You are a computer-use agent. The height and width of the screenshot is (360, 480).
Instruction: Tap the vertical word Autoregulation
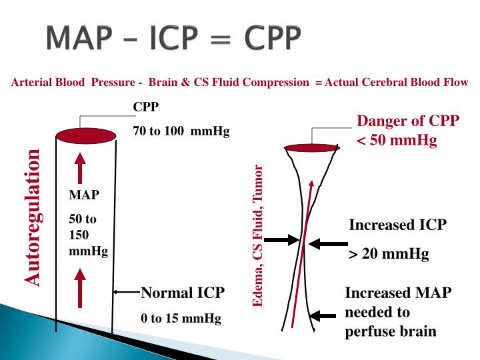(x=34, y=218)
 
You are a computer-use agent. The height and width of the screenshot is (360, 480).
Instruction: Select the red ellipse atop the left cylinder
(x=81, y=137)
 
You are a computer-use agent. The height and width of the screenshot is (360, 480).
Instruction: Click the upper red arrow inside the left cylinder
(x=81, y=168)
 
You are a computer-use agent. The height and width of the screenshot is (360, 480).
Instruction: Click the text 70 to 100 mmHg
(x=181, y=131)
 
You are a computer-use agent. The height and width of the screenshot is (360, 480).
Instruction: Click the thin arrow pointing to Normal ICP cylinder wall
(x=127, y=292)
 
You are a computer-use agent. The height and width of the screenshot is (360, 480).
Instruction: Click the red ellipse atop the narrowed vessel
(x=310, y=147)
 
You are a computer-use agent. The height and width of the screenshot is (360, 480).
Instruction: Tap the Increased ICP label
(x=397, y=225)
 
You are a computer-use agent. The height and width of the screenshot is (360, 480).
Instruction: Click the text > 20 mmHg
(x=389, y=254)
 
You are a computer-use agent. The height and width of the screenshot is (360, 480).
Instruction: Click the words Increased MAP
(x=398, y=293)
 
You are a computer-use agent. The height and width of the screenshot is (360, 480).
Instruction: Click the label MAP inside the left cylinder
(x=83, y=196)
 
